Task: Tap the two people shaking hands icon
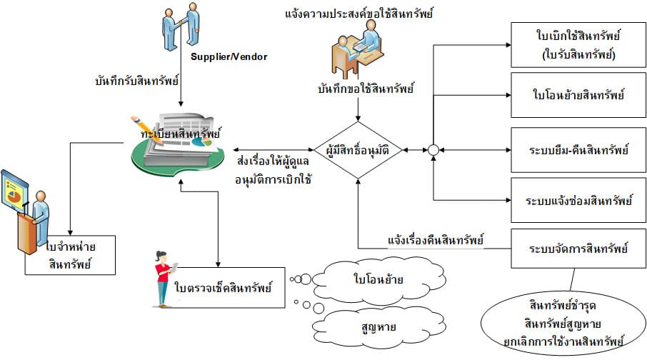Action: pyautogui.click(x=180, y=26)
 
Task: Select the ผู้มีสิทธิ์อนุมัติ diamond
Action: pyautogui.click(x=358, y=151)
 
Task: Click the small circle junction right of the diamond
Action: pyautogui.click(x=432, y=151)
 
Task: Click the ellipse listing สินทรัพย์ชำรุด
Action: pyautogui.click(x=553, y=318)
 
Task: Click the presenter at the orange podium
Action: pyautogui.click(x=29, y=214)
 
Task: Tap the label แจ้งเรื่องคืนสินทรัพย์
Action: pyautogui.click(x=436, y=240)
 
